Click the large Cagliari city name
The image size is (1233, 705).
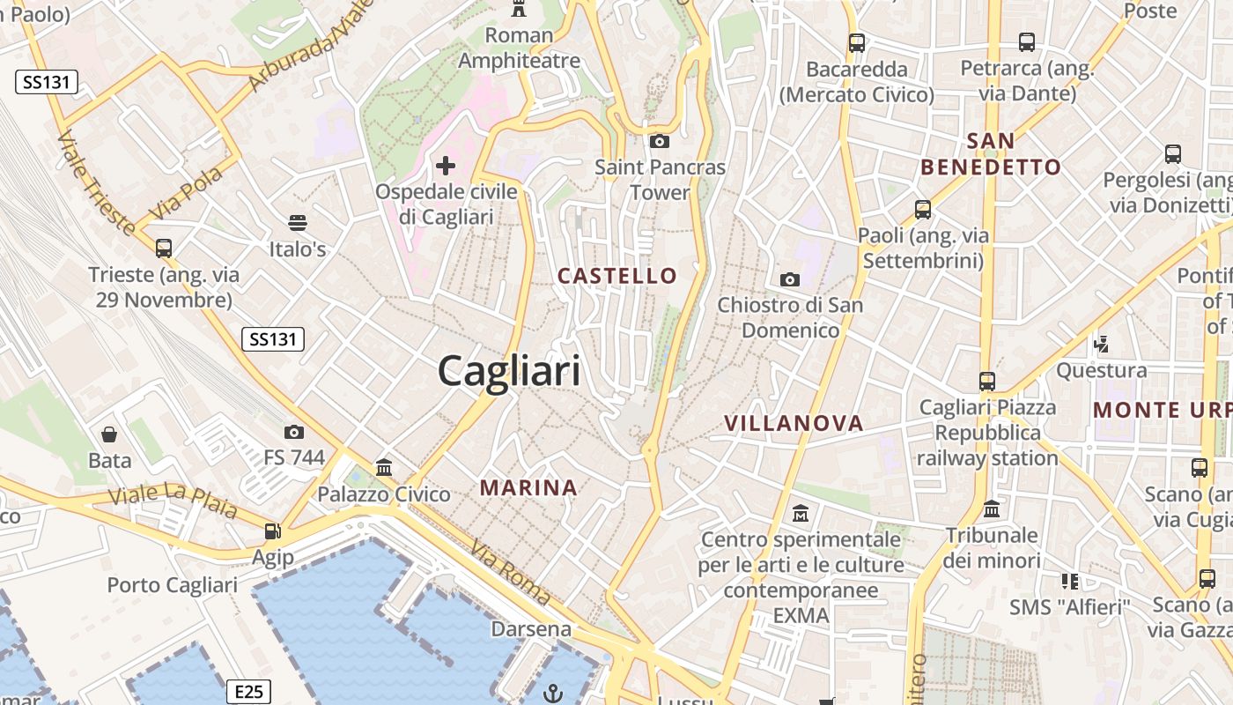coord(509,371)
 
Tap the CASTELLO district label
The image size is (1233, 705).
coord(617,276)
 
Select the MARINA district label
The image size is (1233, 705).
coord(528,487)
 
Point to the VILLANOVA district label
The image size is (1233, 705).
coord(794,424)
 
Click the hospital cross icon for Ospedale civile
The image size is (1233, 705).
coord(446,165)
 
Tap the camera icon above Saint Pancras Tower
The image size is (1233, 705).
coord(659,141)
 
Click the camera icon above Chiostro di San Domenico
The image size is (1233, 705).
coord(790,279)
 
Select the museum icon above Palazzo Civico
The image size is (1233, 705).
coord(384,467)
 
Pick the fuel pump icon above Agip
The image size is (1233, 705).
coord(273,531)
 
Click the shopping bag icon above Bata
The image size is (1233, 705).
coord(109,434)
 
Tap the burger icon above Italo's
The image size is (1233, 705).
coord(298,222)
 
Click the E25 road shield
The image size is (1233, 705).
coord(248,692)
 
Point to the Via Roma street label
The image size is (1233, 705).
coord(511,573)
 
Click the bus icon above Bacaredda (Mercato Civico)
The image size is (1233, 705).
coord(856,42)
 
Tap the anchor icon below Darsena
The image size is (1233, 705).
coord(553,693)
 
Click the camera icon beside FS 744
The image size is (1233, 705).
coord(294,432)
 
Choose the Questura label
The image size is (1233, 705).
coord(1101,370)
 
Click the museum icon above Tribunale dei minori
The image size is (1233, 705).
coord(992,508)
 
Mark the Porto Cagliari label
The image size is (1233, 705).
coord(172,585)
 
